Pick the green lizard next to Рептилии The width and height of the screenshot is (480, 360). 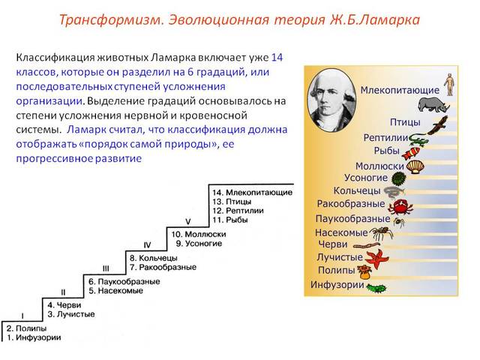(417, 138)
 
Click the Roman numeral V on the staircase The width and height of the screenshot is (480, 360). (188, 221)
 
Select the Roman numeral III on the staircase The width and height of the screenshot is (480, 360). (106, 268)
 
